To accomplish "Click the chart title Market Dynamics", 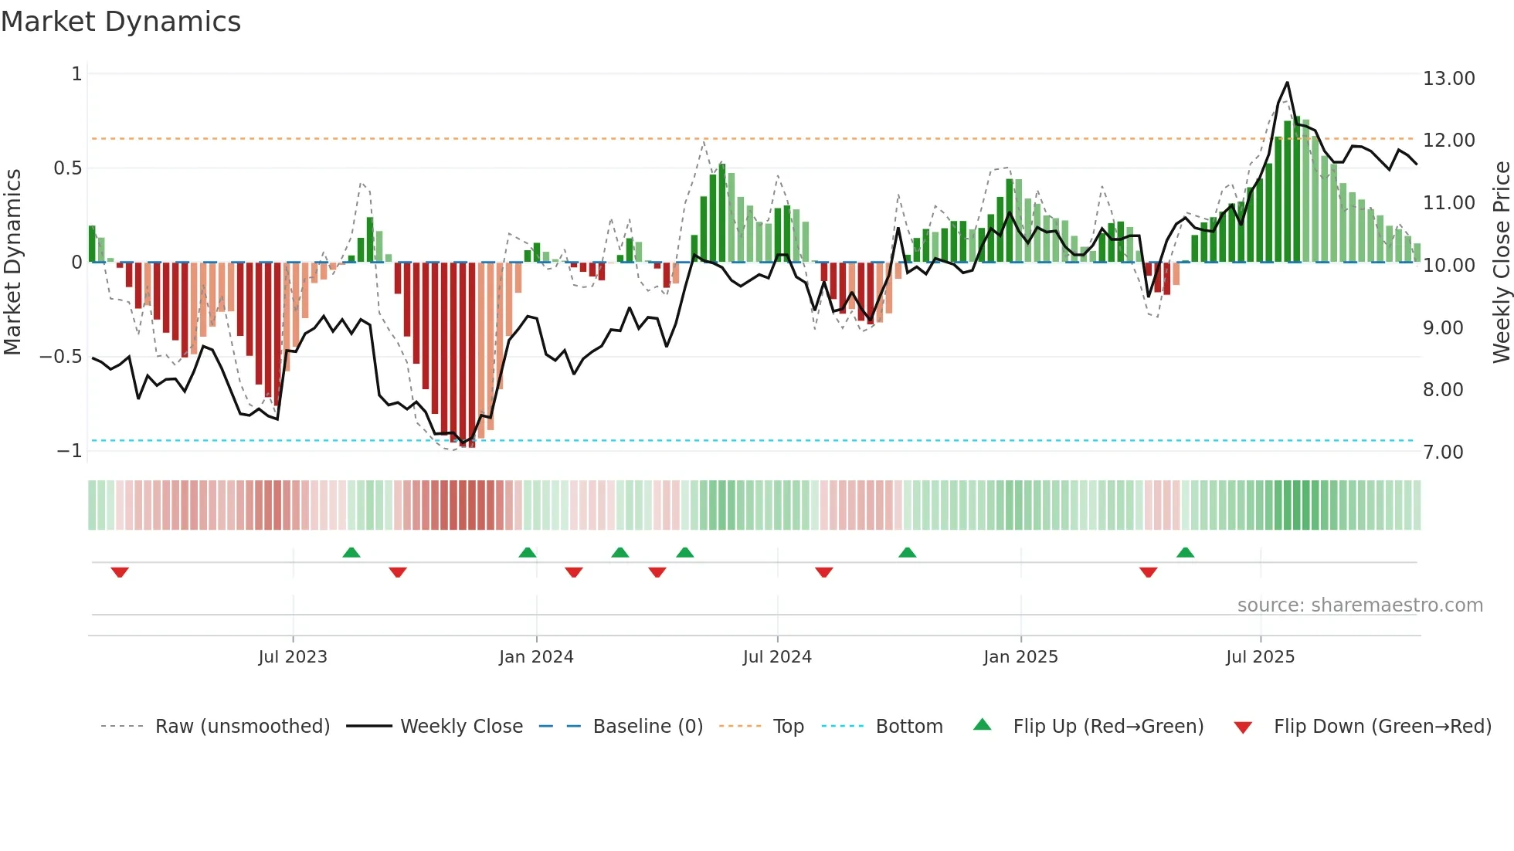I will pyautogui.click(x=121, y=22).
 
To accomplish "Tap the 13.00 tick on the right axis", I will pyautogui.click(x=1448, y=79).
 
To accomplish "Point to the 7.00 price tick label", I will pyautogui.click(x=1443, y=453).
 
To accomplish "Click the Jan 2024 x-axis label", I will pyautogui.click(x=536, y=657).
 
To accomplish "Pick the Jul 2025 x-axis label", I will pyautogui.click(x=1260, y=657).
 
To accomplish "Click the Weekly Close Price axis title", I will pyautogui.click(x=1501, y=263).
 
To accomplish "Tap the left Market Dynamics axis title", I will pyautogui.click(x=12, y=263).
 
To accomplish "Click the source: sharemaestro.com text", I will pyautogui.click(x=1360, y=605).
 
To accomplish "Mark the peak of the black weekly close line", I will pyautogui.click(x=1287, y=83).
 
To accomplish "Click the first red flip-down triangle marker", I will pyautogui.click(x=120, y=572).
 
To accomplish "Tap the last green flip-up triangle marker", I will pyautogui.click(x=1185, y=552).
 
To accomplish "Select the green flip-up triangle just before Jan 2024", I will pyautogui.click(x=528, y=552).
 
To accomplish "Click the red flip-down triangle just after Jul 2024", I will pyautogui.click(x=824, y=572).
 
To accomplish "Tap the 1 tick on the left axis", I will pyautogui.click(x=76, y=74).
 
